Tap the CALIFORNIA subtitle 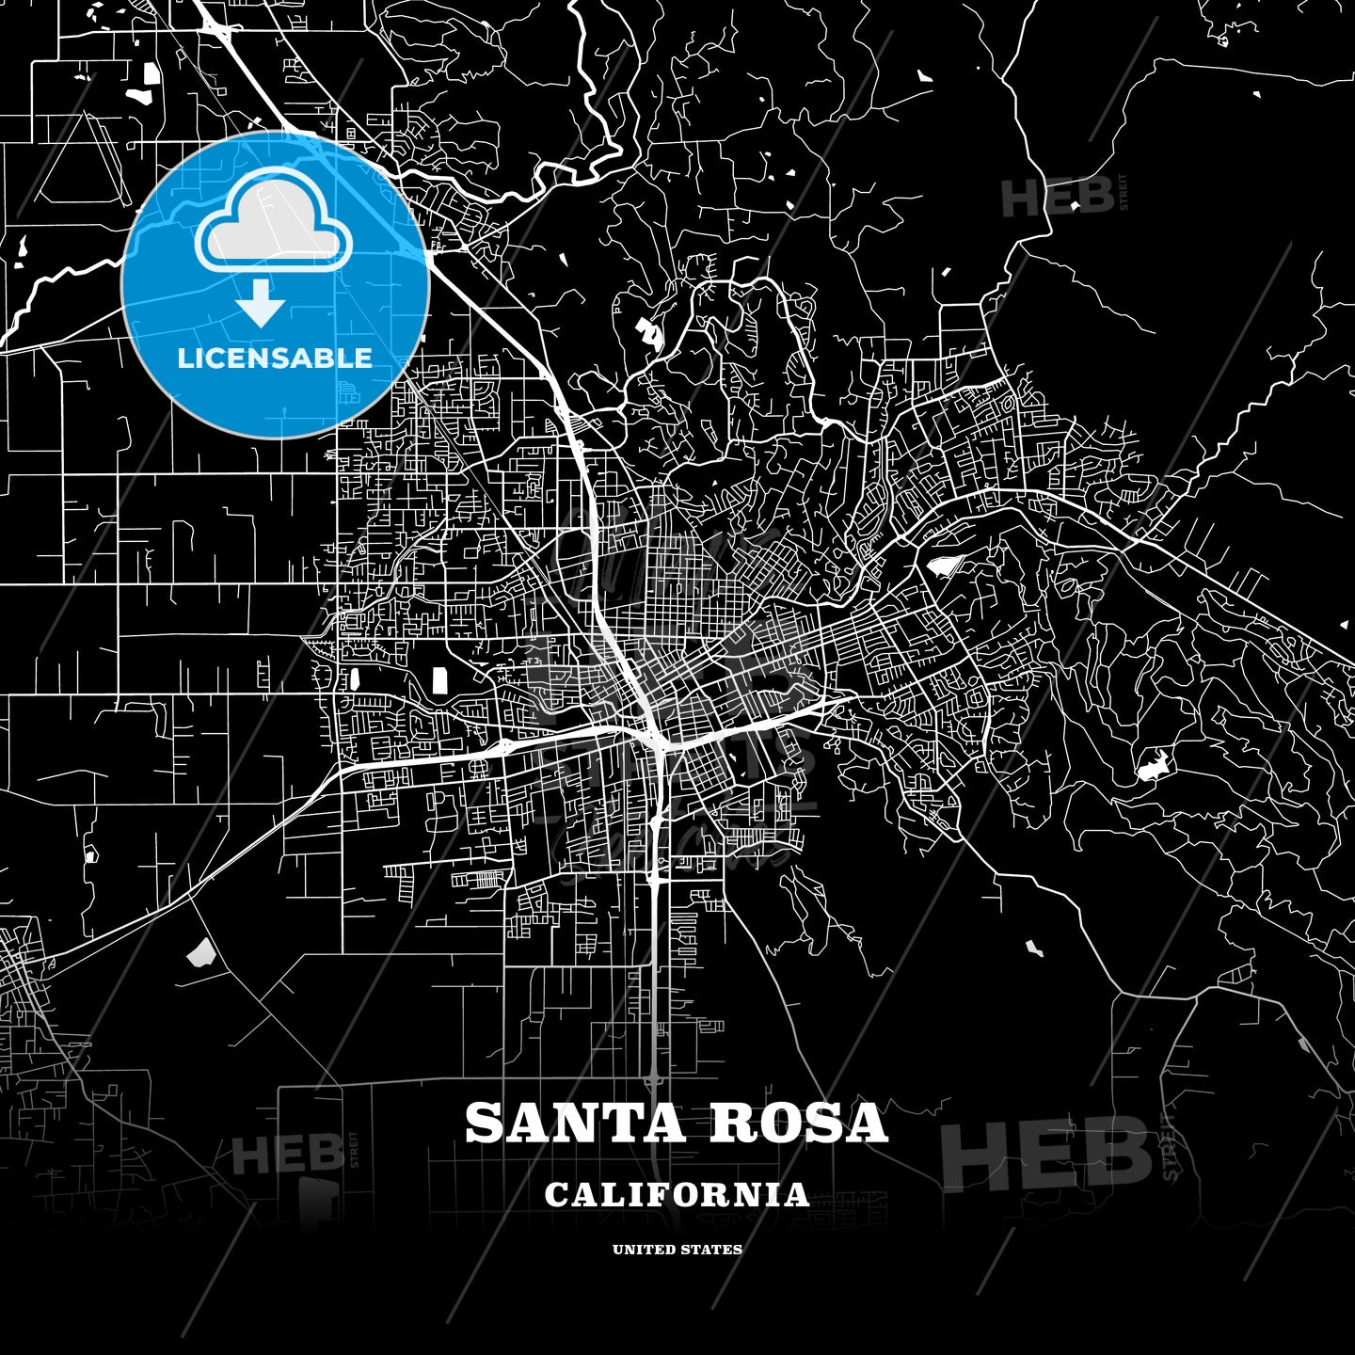pos(677,1195)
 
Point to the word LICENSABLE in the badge pos(275,359)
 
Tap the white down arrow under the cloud pos(261,305)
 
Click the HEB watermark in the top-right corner pos(1059,197)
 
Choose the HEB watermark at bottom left pos(288,1154)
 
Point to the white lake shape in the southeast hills pos(1153,768)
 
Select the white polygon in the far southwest pos(200,954)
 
